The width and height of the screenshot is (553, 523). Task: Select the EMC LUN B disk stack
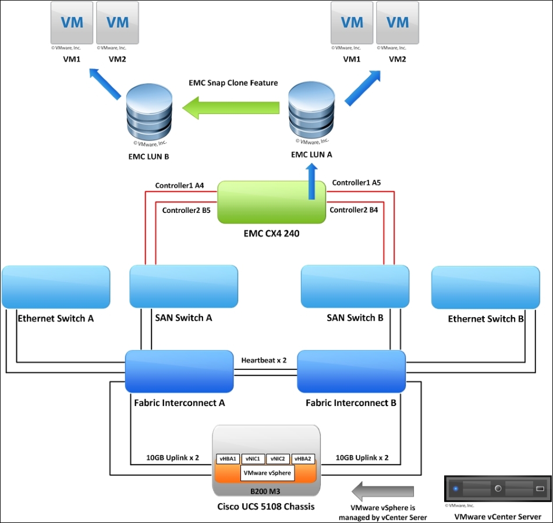(149, 112)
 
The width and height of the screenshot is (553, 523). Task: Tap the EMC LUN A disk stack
(311, 110)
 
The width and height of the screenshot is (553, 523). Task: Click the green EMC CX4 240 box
(272, 202)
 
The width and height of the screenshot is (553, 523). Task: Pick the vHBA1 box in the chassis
(228, 459)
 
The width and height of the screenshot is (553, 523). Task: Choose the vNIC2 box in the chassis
(278, 459)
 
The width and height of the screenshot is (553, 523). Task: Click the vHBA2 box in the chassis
(303, 459)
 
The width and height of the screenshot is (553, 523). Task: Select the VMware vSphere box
(267, 473)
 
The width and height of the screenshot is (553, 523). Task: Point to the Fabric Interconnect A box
(179, 372)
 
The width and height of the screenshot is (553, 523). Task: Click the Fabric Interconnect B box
(351, 372)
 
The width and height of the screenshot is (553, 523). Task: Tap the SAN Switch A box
(184, 287)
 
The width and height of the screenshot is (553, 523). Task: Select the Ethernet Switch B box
(485, 287)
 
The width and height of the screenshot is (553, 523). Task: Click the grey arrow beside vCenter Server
(382, 491)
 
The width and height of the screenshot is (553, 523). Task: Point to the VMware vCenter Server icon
(498, 489)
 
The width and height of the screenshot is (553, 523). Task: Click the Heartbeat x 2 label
(264, 360)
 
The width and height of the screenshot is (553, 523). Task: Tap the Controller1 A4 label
(179, 186)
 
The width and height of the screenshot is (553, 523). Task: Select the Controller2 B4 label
(354, 210)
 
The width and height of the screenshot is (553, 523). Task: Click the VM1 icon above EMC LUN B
(72, 23)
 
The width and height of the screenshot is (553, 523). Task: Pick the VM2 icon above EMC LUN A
(398, 23)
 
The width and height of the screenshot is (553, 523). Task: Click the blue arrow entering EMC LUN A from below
(311, 182)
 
